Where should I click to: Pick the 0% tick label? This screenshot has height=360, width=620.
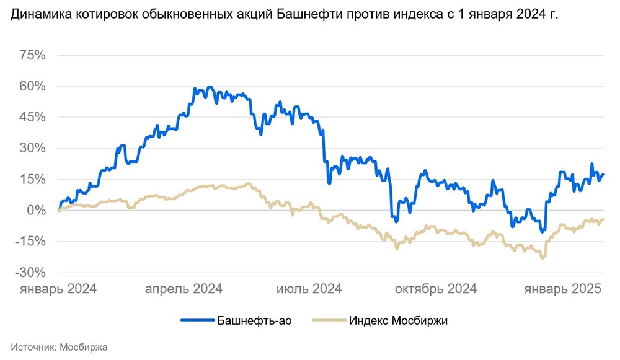pyautogui.click(x=35, y=211)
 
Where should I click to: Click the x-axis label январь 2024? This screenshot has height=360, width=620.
pyautogui.click(x=59, y=289)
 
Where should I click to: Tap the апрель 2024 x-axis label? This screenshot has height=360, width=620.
pyautogui.click(x=184, y=289)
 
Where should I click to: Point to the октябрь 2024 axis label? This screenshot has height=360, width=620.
pyautogui.click(x=436, y=289)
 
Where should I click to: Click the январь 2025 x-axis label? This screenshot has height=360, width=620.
pyautogui.click(x=564, y=289)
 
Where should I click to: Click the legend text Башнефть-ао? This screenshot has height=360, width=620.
pyautogui.click(x=254, y=320)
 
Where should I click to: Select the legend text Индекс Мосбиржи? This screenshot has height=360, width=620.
pyautogui.click(x=397, y=320)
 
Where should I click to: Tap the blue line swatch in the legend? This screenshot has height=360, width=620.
pyautogui.click(x=197, y=320)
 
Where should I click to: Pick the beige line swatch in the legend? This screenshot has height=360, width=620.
pyautogui.click(x=329, y=320)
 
